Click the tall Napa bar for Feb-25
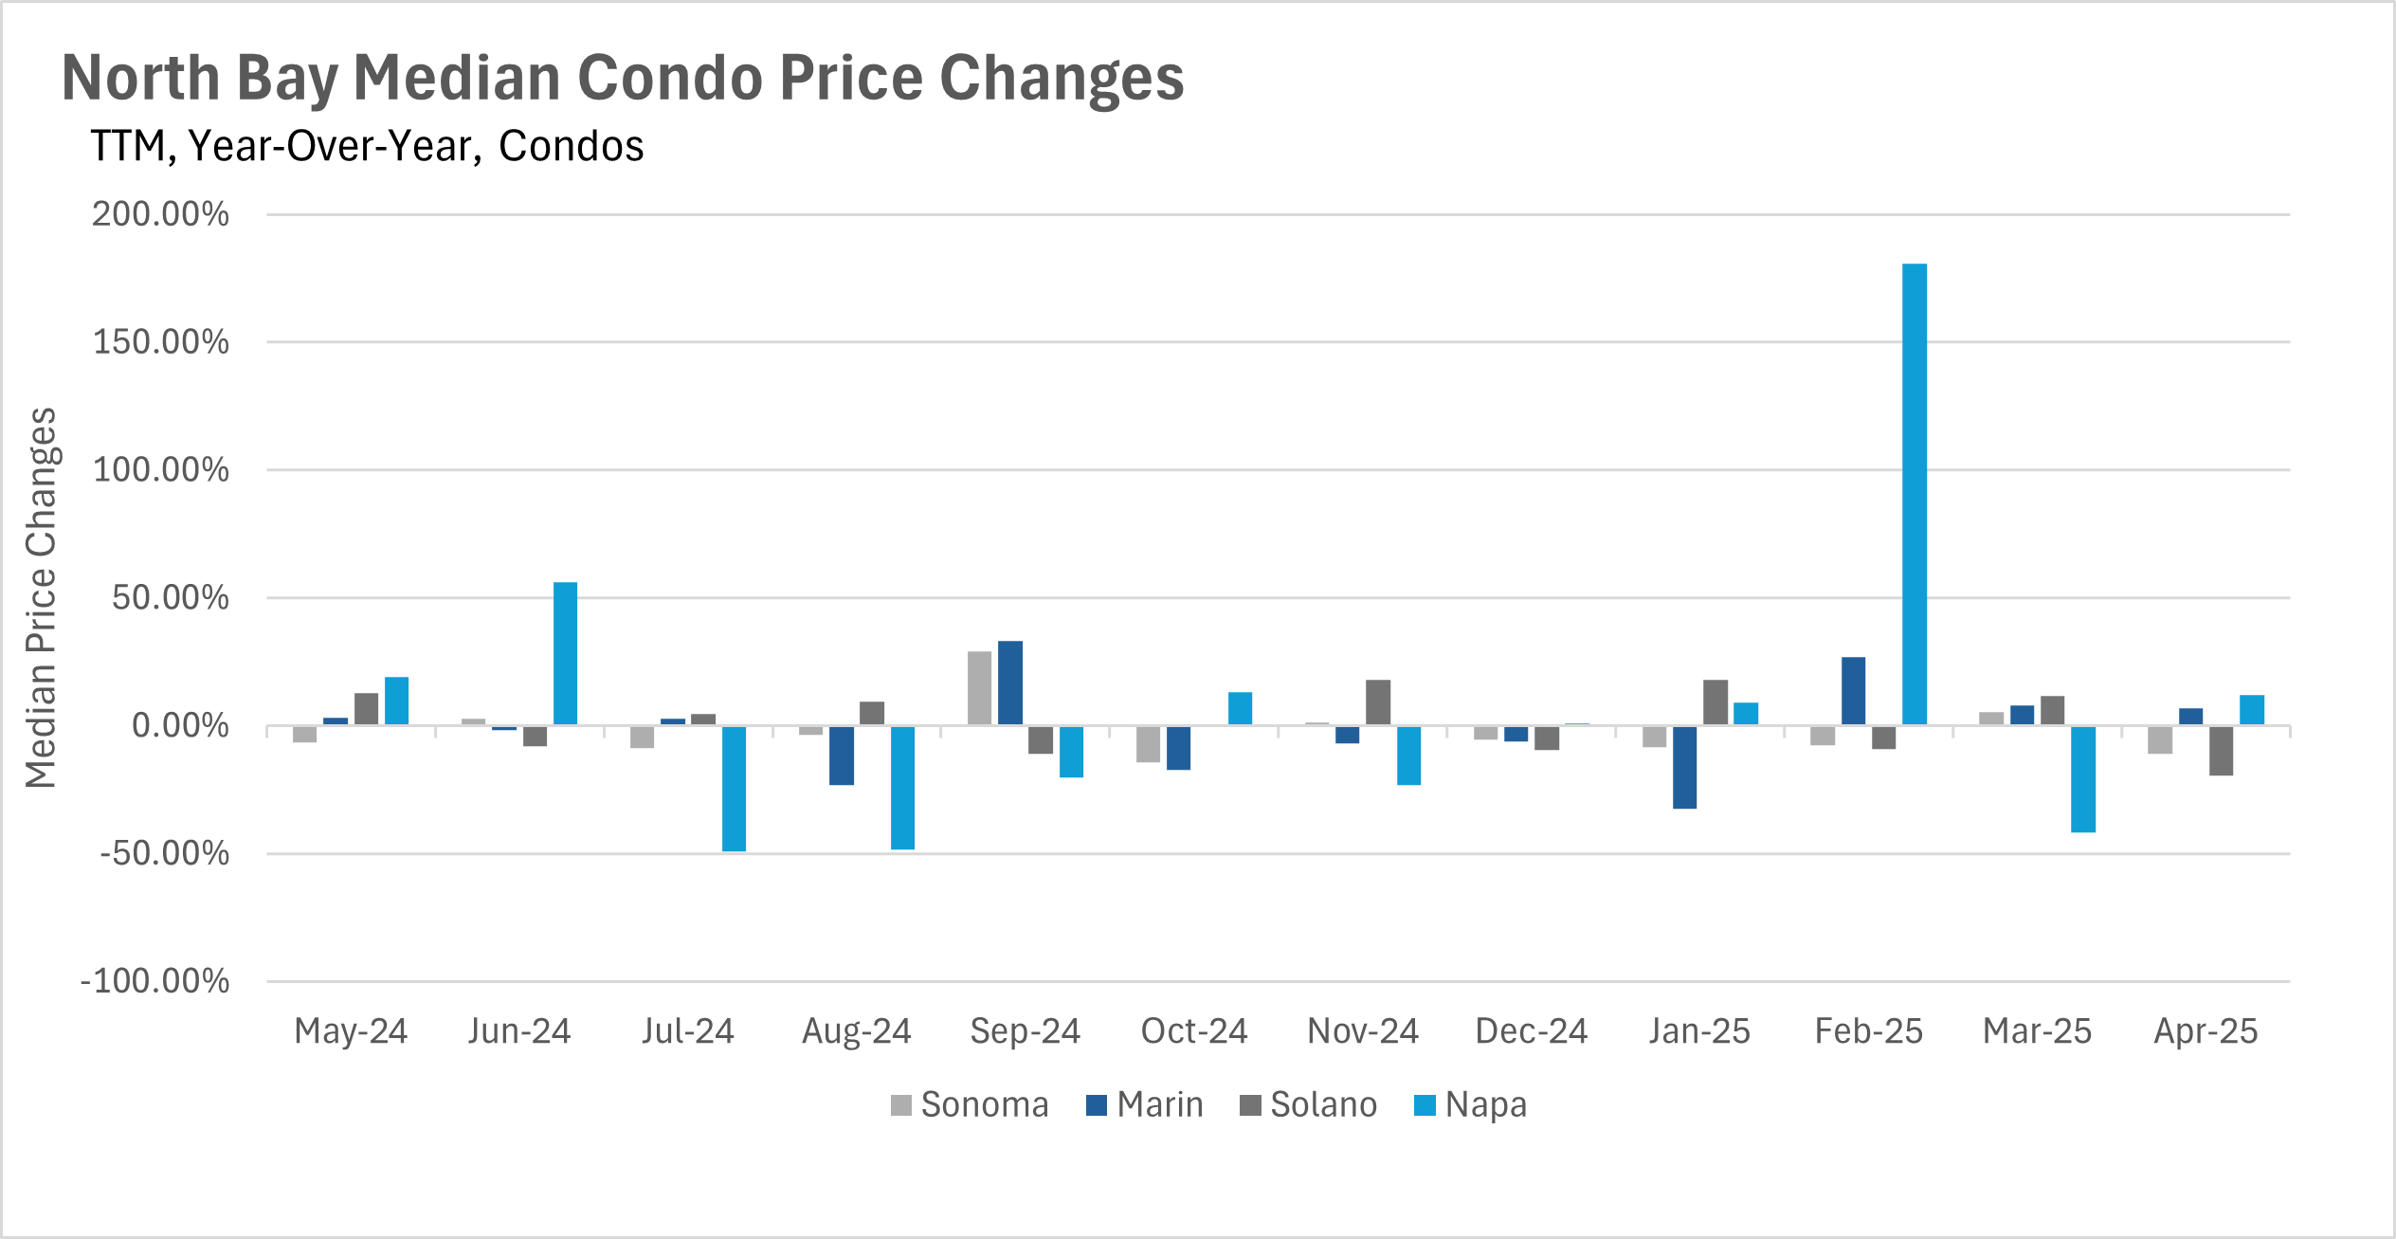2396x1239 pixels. click(x=1914, y=494)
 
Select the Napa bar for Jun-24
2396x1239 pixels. click(x=565, y=653)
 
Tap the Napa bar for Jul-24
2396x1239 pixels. click(x=734, y=788)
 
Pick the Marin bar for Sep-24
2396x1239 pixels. click(x=1009, y=683)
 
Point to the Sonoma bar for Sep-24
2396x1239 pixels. click(x=979, y=688)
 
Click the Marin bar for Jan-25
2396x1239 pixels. click(x=1684, y=767)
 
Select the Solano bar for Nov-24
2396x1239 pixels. click(x=1378, y=702)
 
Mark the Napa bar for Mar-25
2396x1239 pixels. click(x=2083, y=778)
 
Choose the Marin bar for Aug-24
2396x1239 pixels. click(x=841, y=755)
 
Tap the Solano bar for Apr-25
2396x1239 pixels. click(x=2221, y=750)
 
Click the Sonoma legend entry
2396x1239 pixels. click(x=970, y=1105)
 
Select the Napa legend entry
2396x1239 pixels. click(x=1470, y=1105)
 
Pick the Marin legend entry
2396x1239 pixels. click(x=1144, y=1105)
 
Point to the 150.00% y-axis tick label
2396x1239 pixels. click(x=160, y=342)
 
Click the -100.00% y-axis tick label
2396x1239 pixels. click(x=154, y=981)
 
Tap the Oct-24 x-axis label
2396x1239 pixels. click(x=1194, y=1031)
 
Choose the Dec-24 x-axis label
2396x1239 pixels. click(x=1531, y=1031)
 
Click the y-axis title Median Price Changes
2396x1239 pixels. click(x=42, y=597)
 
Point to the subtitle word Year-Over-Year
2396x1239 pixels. click(x=336, y=147)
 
